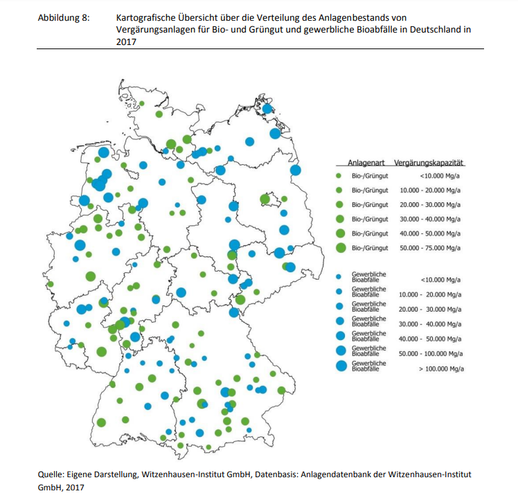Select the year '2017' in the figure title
click(x=127, y=41)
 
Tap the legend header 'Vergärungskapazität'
click(x=429, y=163)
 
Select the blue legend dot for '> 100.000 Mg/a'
click(x=340, y=366)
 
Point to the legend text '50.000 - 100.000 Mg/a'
click(x=430, y=353)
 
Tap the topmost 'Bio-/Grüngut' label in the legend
click(x=370, y=176)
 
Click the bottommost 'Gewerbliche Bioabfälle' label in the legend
click(x=369, y=366)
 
